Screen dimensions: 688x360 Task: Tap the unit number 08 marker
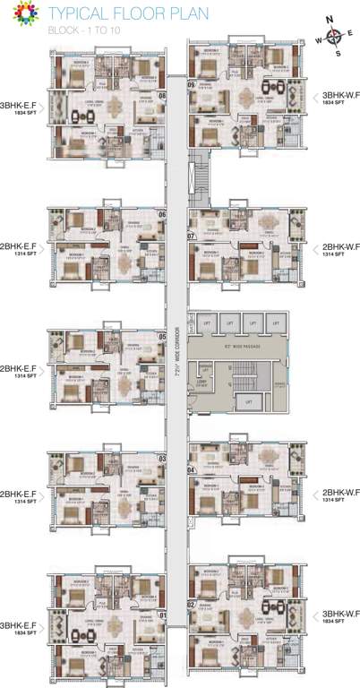162,95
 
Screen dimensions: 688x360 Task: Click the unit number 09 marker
192,84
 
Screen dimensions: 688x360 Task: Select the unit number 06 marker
162,215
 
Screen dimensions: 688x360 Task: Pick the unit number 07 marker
192,235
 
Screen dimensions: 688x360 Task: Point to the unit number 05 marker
162,337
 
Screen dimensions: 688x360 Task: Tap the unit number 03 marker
162,460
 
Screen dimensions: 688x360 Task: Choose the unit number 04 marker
192,469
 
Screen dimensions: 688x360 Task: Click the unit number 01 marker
162,615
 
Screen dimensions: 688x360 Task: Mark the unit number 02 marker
192,604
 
